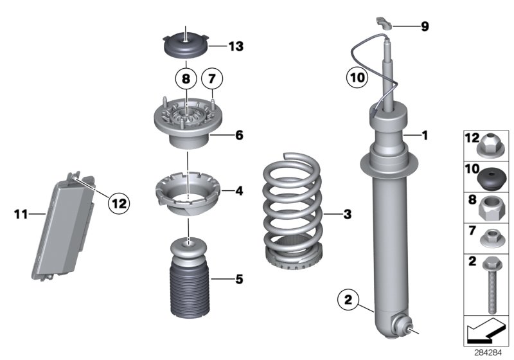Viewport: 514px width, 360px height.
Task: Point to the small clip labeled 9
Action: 384,24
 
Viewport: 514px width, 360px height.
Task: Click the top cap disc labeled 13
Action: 184,47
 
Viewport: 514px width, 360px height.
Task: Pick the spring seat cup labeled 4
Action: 187,194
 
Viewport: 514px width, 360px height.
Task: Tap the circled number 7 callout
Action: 212,80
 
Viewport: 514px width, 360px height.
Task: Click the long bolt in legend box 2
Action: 492,281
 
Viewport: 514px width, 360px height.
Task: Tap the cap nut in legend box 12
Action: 492,147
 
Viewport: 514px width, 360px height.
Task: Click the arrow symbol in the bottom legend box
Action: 485,332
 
